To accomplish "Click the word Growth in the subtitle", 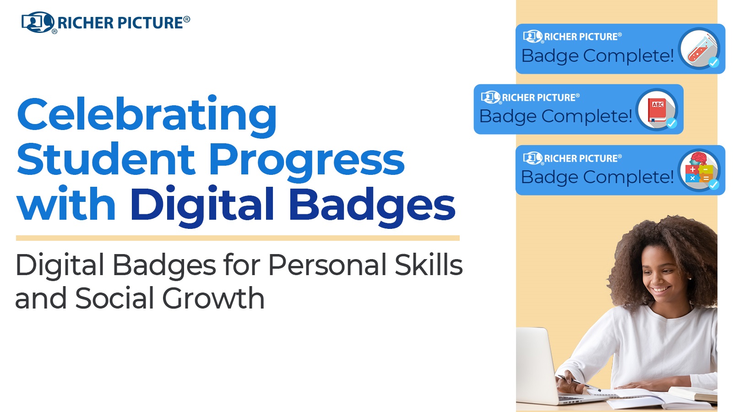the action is click(213, 298).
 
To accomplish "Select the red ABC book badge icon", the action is click(657, 109).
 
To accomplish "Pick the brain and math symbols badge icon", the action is click(699, 170).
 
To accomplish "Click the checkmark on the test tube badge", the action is click(714, 62).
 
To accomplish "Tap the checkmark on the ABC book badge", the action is click(671, 123).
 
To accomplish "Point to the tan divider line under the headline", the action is click(238, 238).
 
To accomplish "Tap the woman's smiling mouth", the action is click(661, 290).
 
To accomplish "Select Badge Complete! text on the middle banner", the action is click(555, 116).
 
